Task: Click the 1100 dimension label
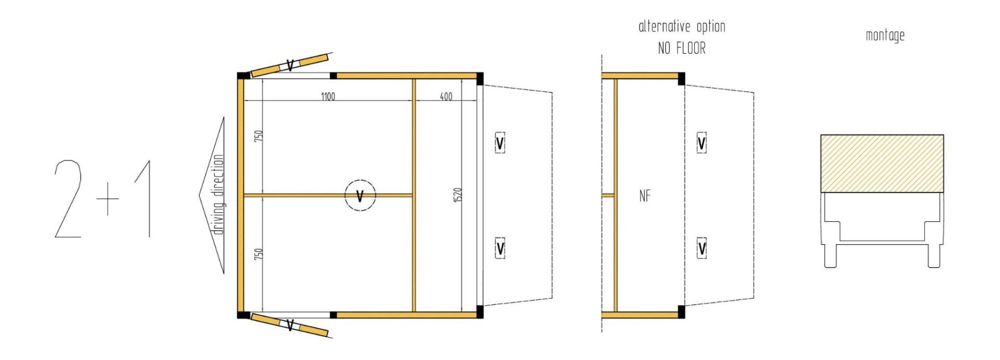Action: pyautogui.click(x=328, y=97)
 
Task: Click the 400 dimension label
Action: pyautogui.click(x=446, y=97)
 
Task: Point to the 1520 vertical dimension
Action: pyautogui.click(x=458, y=195)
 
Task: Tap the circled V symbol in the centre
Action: pyautogui.click(x=360, y=196)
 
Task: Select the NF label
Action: pyautogui.click(x=645, y=196)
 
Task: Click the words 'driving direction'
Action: pyautogui.click(x=219, y=195)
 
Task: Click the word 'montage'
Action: pyautogui.click(x=885, y=35)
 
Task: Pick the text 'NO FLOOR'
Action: pyautogui.click(x=681, y=49)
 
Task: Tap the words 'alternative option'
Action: pyautogui.click(x=681, y=27)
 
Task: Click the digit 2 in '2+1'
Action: pyautogui.click(x=69, y=199)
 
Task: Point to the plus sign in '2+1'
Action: pyautogui.click(x=108, y=199)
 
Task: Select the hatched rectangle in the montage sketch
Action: pyautogui.click(x=882, y=163)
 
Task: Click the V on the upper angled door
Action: pyautogui.click(x=290, y=65)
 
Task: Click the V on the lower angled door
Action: pyautogui.click(x=290, y=326)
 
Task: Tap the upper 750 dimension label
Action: pyautogui.click(x=258, y=136)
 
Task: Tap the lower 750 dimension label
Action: pyautogui.click(x=258, y=255)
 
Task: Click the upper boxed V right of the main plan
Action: pyautogui.click(x=500, y=142)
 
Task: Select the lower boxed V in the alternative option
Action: pyautogui.click(x=702, y=248)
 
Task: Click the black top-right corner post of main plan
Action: pyautogui.click(x=479, y=79)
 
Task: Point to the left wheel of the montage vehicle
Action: pyautogui.click(x=830, y=256)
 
